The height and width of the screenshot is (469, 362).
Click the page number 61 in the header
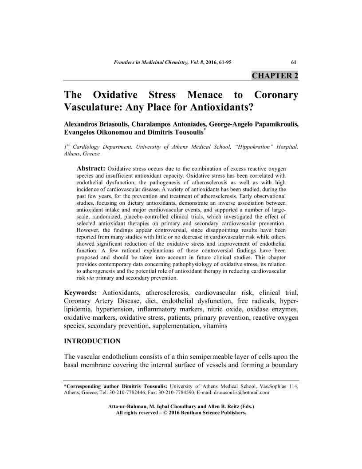pos(294,62)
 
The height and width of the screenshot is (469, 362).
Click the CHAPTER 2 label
pos(275,75)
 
